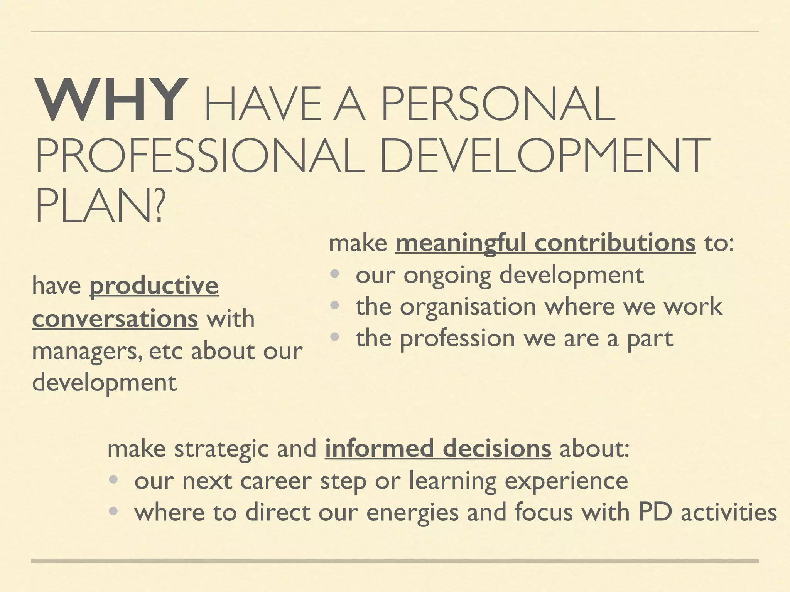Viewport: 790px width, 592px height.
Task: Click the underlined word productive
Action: pos(154,286)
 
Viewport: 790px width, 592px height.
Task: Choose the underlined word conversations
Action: pos(115,319)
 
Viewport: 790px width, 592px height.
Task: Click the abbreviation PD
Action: pos(655,513)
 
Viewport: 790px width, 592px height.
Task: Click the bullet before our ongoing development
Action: pos(334,275)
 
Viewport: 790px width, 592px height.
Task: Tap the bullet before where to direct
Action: pos(113,512)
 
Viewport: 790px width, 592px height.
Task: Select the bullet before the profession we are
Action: pos(334,338)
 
